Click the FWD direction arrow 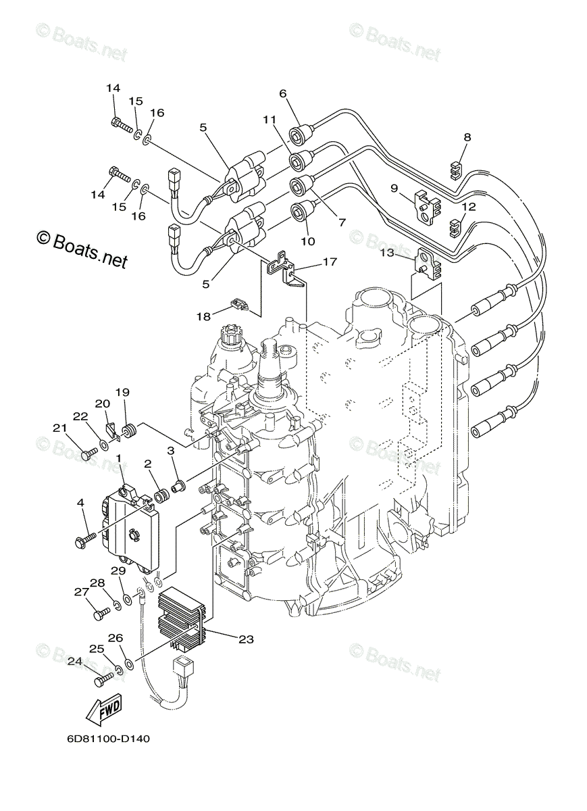[x=104, y=710]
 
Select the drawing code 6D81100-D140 [x=108, y=739]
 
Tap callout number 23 [x=246, y=639]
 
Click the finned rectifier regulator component [x=180, y=615]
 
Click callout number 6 [x=282, y=93]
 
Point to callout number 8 [x=467, y=137]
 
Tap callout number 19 [x=122, y=392]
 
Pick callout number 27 [x=81, y=592]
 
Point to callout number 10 [x=307, y=241]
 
